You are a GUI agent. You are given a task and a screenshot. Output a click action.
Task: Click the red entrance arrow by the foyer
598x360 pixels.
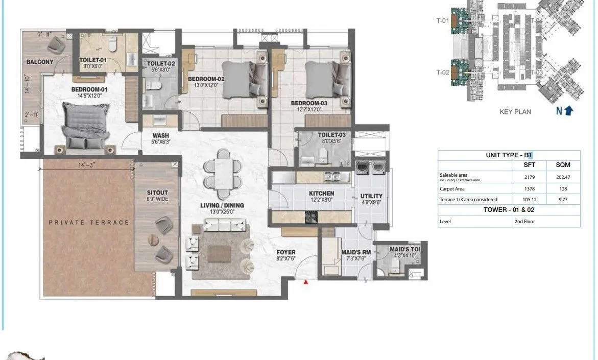tap(306, 281)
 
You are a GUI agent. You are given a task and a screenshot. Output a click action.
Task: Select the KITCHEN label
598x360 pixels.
tap(321, 194)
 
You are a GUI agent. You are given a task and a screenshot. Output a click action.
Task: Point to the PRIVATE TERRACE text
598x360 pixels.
tap(89, 222)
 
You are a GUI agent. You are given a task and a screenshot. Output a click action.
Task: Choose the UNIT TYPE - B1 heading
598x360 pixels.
tap(509, 155)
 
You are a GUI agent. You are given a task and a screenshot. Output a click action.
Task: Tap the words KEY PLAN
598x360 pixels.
tap(515, 112)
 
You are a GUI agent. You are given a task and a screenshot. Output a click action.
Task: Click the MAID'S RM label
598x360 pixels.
tap(355, 252)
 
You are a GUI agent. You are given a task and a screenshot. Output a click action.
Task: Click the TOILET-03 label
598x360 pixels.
tap(332, 135)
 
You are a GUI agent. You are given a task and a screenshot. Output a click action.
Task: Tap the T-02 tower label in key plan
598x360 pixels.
tap(442, 73)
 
